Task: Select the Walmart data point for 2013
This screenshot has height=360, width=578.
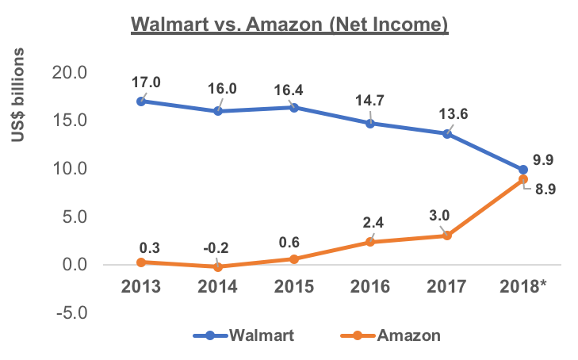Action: pos(141,101)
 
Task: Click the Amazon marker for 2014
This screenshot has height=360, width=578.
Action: pos(217,267)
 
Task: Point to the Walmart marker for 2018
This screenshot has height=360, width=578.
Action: pos(523,170)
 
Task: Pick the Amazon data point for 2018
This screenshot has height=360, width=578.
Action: pos(523,179)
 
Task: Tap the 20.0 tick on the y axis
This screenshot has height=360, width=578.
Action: pos(69,73)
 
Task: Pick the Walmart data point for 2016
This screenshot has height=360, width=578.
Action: pos(370,124)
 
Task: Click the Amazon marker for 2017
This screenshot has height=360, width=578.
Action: pos(447,236)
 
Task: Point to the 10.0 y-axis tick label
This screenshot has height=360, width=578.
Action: pos(69,169)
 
